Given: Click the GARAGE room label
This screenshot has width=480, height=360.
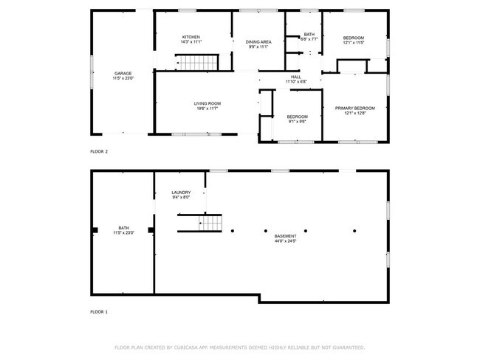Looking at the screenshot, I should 123,73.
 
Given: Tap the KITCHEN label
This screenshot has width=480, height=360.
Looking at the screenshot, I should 191,38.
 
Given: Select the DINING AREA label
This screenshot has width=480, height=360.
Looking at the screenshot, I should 258,42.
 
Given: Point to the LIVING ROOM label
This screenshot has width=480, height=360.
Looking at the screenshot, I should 208,103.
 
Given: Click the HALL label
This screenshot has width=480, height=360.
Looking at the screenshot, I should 295,77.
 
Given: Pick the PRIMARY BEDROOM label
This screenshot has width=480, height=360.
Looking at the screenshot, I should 354,108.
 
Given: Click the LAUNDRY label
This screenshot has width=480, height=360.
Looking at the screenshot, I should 181,193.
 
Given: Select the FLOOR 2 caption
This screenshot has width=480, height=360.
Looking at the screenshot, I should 99,151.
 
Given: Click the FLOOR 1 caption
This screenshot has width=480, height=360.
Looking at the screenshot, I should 99,312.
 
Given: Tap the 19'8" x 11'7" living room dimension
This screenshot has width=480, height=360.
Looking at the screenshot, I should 208,108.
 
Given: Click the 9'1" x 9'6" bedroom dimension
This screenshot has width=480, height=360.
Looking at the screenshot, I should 297,122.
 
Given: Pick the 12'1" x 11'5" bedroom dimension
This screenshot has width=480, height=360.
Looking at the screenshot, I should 354,43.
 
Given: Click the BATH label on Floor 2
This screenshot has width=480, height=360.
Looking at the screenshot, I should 309,35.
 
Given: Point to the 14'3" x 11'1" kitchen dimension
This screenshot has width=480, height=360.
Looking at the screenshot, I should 191,43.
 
